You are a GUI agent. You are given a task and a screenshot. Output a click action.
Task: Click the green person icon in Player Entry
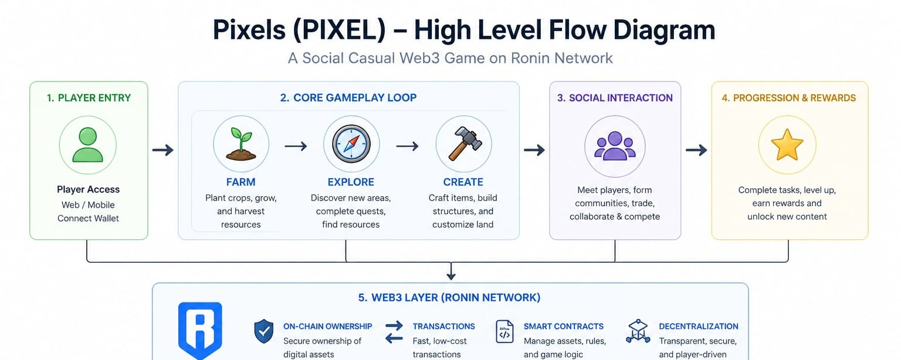(87, 145)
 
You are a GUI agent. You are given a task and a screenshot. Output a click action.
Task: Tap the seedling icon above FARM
(241, 144)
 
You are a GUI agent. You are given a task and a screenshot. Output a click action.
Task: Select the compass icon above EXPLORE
(351, 144)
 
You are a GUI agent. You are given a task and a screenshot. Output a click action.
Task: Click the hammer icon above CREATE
(465, 144)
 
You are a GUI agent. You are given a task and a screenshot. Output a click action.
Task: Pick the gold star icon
(787, 145)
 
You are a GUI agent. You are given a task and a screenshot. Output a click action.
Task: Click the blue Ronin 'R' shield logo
(200, 331)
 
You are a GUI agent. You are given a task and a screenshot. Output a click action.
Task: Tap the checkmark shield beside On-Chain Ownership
(264, 331)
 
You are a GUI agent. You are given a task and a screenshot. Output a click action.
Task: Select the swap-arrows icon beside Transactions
(394, 332)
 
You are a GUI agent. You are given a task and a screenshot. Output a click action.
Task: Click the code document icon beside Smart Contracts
(504, 331)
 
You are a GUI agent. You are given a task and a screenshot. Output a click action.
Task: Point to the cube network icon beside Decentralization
(638, 331)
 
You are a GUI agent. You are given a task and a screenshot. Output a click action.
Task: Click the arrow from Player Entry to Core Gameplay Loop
(163, 150)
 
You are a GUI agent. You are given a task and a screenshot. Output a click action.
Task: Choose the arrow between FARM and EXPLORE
(296, 145)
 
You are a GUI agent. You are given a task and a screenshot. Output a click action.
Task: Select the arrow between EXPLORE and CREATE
(407, 145)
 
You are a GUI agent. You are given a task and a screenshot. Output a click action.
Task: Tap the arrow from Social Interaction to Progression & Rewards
(696, 150)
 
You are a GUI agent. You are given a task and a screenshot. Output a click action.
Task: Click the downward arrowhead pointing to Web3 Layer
(451, 276)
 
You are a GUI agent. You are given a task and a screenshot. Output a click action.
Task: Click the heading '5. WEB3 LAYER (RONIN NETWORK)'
(449, 298)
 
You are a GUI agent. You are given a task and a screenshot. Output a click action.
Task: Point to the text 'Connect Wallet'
(88, 219)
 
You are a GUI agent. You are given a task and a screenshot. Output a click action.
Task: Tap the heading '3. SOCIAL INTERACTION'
(615, 98)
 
